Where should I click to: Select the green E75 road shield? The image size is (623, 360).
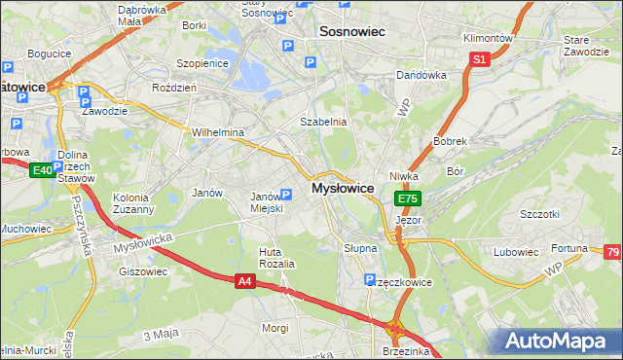tap(408, 198)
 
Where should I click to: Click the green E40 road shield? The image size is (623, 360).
tap(41, 170)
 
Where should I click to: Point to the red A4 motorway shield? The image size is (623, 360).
tap(245, 281)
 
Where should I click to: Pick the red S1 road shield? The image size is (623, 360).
tap(479, 59)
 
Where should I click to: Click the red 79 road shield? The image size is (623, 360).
tap(612, 252)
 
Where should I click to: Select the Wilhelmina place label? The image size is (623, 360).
tap(217, 132)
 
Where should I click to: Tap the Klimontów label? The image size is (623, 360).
tap(488, 38)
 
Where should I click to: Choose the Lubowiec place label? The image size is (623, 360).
tap(516, 252)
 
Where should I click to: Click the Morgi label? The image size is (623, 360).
tap(275, 328)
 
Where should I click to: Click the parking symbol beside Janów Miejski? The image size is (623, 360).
tap(285, 194)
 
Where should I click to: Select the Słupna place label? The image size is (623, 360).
tap(360, 248)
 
